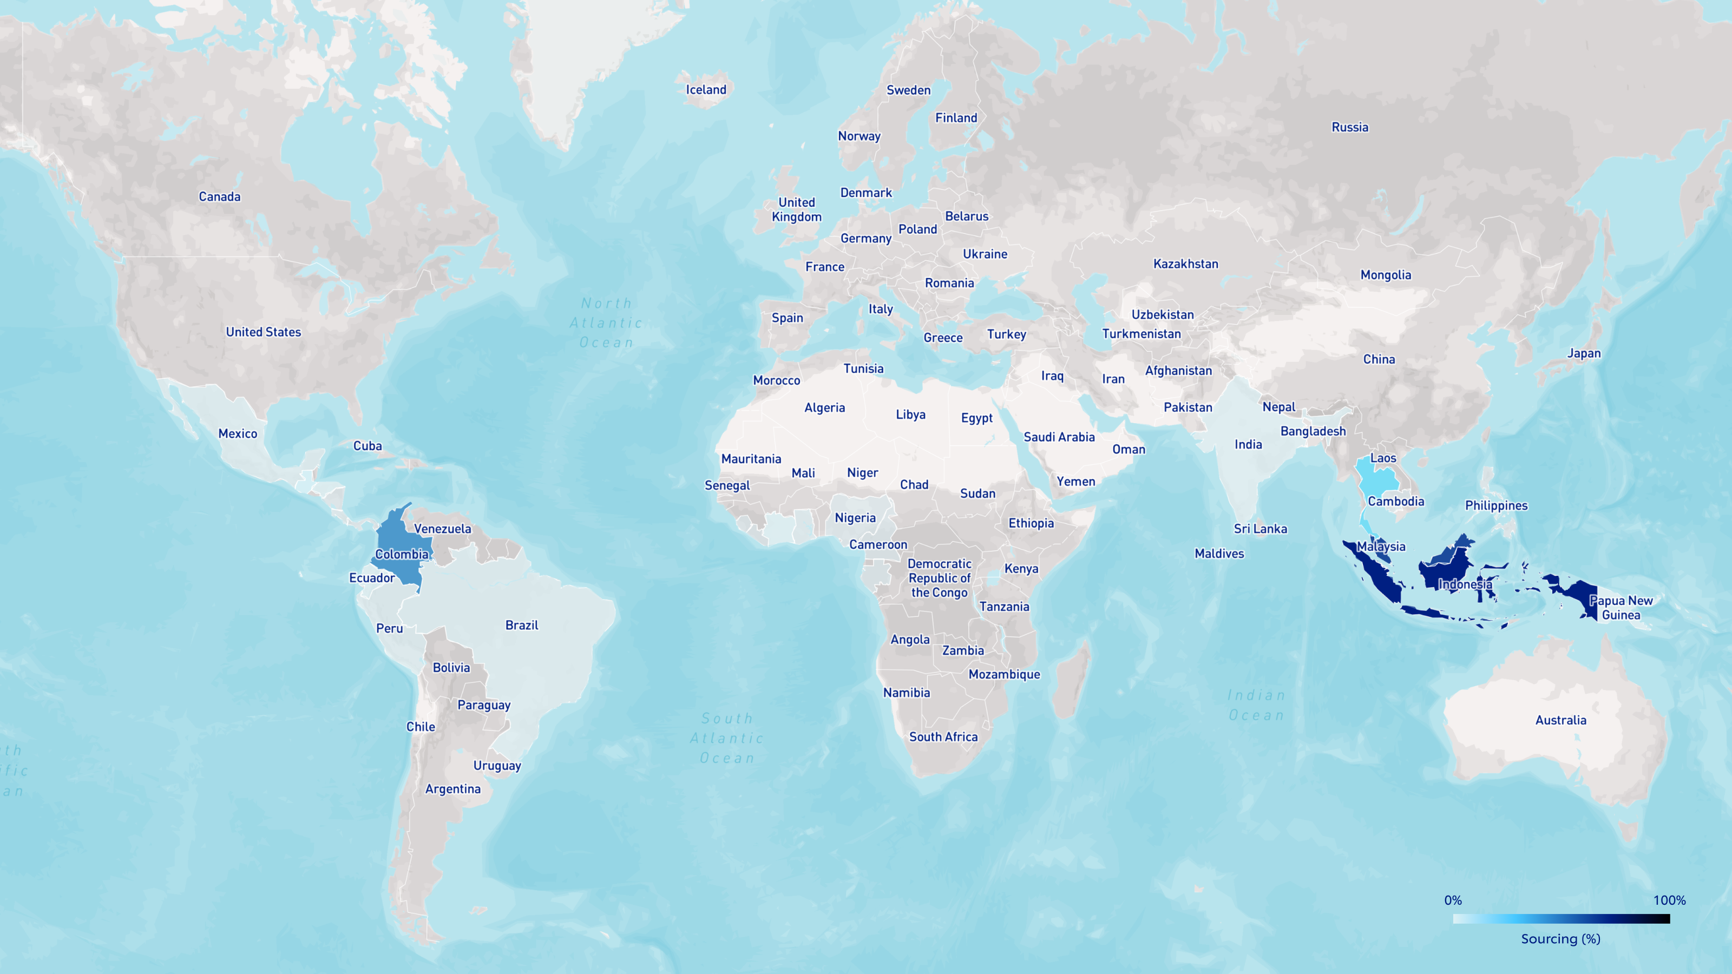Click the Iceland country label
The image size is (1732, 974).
coord(706,89)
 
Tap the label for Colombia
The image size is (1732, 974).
coord(402,554)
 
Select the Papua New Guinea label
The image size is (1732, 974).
coord(1621,608)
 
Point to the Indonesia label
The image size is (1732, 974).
coord(1465,584)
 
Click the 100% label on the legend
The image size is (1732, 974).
coord(1669,900)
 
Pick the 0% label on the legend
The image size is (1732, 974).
coord(1453,900)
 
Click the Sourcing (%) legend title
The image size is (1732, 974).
coord(1560,939)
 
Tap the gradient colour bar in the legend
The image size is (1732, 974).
coord(1560,919)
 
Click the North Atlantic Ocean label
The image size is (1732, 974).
coord(606,323)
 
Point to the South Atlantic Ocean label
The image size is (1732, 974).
coord(727,738)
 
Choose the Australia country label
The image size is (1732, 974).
coord(1560,720)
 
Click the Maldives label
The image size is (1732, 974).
coord(1219,553)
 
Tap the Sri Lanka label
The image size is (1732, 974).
coord(1260,528)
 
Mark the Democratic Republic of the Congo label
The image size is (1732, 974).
coord(939,578)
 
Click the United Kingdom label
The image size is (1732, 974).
coord(797,209)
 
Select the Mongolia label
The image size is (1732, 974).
coord(1386,274)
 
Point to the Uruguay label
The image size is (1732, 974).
coord(497,765)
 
